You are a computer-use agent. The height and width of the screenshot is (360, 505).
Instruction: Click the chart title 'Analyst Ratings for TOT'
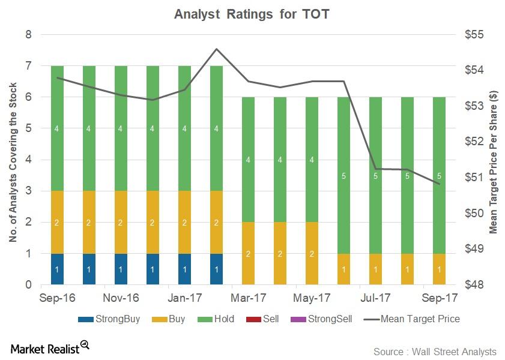pyautogui.click(x=252, y=14)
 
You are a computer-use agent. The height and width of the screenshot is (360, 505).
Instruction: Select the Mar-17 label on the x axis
pyautogui.click(x=249, y=297)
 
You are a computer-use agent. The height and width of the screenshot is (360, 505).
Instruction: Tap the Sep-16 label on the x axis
pyautogui.click(x=57, y=297)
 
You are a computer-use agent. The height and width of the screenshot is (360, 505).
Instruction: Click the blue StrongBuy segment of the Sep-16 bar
pyautogui.click(x=58, y=269)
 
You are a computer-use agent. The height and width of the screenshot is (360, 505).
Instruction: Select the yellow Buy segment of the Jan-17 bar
pyautogui.click(x=185, y=223)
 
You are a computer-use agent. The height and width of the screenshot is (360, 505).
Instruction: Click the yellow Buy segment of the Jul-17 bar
pyautogui.click(x=376, y=269)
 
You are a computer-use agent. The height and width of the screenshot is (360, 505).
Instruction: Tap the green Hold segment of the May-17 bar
pyautogui.click(x=312, y=160)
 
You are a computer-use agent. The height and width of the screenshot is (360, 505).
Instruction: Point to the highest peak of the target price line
pyautogui.click(x=217, y=49)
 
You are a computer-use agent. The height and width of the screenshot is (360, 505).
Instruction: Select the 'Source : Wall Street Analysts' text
pyautogui.click(x=435, y=351)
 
